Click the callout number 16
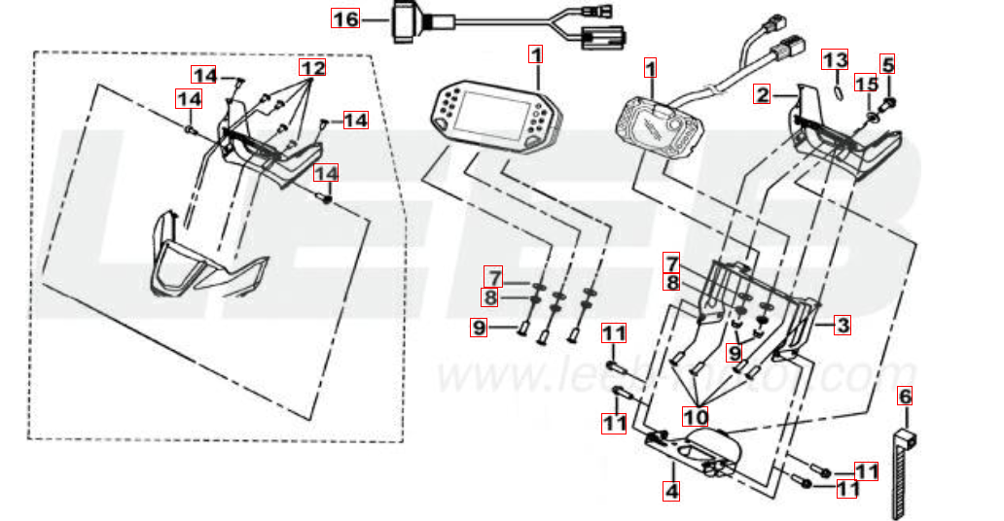click(345, 18)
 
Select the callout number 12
click(311, 69)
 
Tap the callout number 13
click(836, 60)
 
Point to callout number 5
click(887, 64)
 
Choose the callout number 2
click(764, 94)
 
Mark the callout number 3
click(841, 326)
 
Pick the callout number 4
click(671, 491)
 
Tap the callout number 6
click(905, 396)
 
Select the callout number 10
click(695, 417)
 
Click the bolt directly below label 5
click(888, 101)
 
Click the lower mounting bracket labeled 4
click(696, 452)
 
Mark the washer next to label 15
click(871, 117)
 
